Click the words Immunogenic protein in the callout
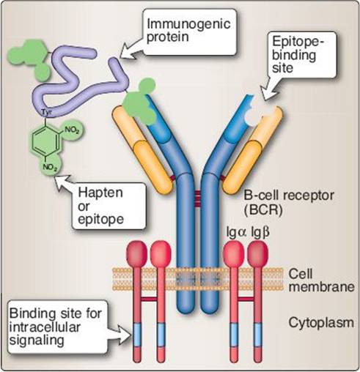point(188,30)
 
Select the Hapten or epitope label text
point(100,206)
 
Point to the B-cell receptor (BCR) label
point(289,202)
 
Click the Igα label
point(237,232)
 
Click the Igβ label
point(260,233)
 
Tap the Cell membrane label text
point(321,280)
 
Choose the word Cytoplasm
point(321,323)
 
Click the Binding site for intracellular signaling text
point(55,327)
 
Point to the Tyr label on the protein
point(45,112)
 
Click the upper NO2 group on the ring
point(72,130)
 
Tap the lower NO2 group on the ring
point(51,168)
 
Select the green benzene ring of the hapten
point(45,141)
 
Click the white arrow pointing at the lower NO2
point(65,185)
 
